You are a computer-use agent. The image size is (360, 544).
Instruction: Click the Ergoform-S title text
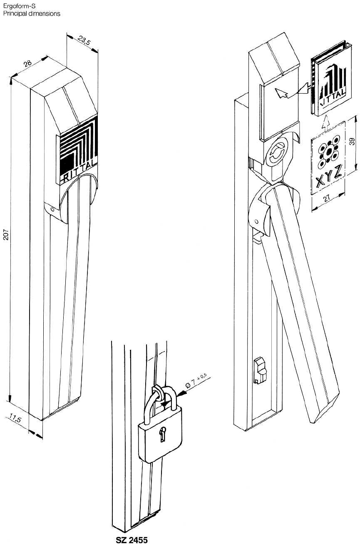pos(15,6)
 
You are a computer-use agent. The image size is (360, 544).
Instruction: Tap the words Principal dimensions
pos(31,13)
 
